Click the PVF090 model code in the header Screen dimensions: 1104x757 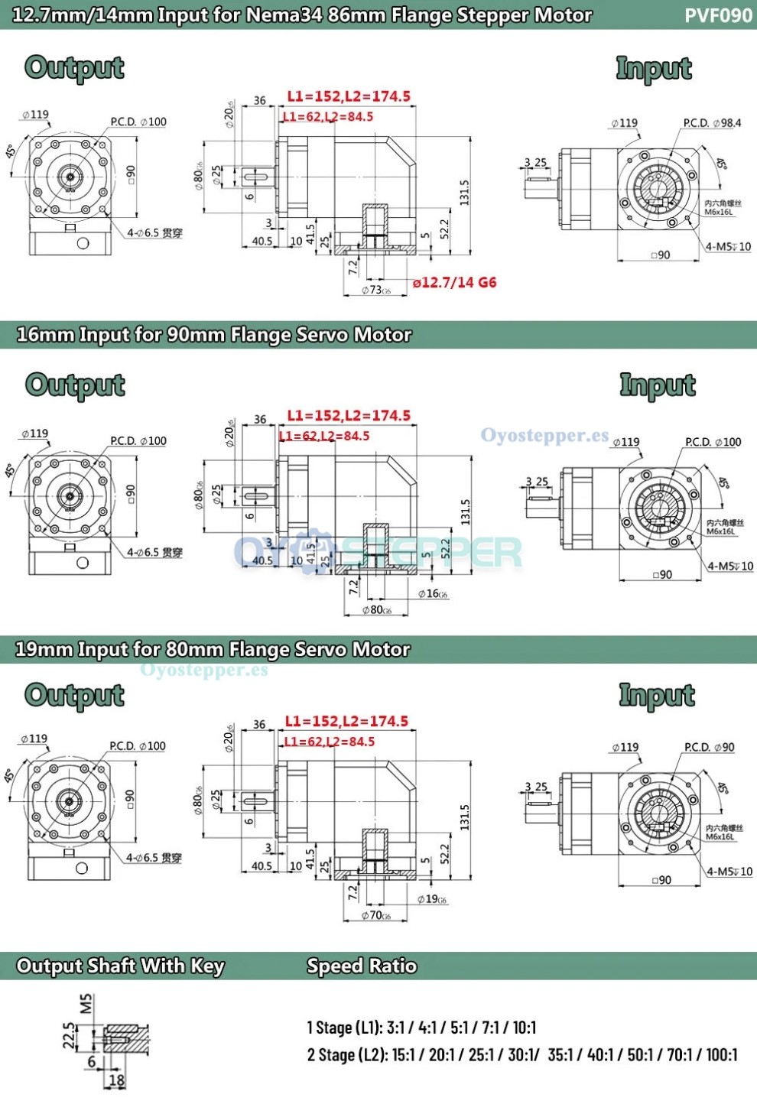pos(718,15)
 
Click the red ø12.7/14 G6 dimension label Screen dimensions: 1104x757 pos(454,283)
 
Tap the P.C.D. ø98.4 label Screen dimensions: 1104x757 pos(712,123)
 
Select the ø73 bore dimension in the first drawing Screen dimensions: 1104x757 pos(375,291)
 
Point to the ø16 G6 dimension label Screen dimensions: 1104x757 pos(433,594)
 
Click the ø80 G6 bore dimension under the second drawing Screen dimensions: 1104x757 pos(376,610)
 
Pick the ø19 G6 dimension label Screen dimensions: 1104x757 pos(432,899)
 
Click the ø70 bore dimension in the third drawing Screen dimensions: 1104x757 pos(375,915)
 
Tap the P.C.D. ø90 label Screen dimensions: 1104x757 pos(710,747)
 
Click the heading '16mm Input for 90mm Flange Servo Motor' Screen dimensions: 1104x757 pos(214,335)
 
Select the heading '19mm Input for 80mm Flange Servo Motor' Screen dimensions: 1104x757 pos(213,650)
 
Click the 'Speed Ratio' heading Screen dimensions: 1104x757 pos(362,966)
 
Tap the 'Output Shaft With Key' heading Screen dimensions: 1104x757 pos(120,966)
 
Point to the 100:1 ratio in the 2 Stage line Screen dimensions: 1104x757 pos(721,1055)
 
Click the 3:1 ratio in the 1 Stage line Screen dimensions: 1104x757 pos(398,1028)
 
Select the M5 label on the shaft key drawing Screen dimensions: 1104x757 pos(86,1003)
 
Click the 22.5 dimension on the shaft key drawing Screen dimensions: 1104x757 pos(70,1036)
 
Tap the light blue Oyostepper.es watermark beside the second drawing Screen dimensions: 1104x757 pos(544,436)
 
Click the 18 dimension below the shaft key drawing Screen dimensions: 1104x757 pos(116,1080)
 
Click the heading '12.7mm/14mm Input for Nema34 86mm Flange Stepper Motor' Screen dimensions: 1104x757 pos(302,15)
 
